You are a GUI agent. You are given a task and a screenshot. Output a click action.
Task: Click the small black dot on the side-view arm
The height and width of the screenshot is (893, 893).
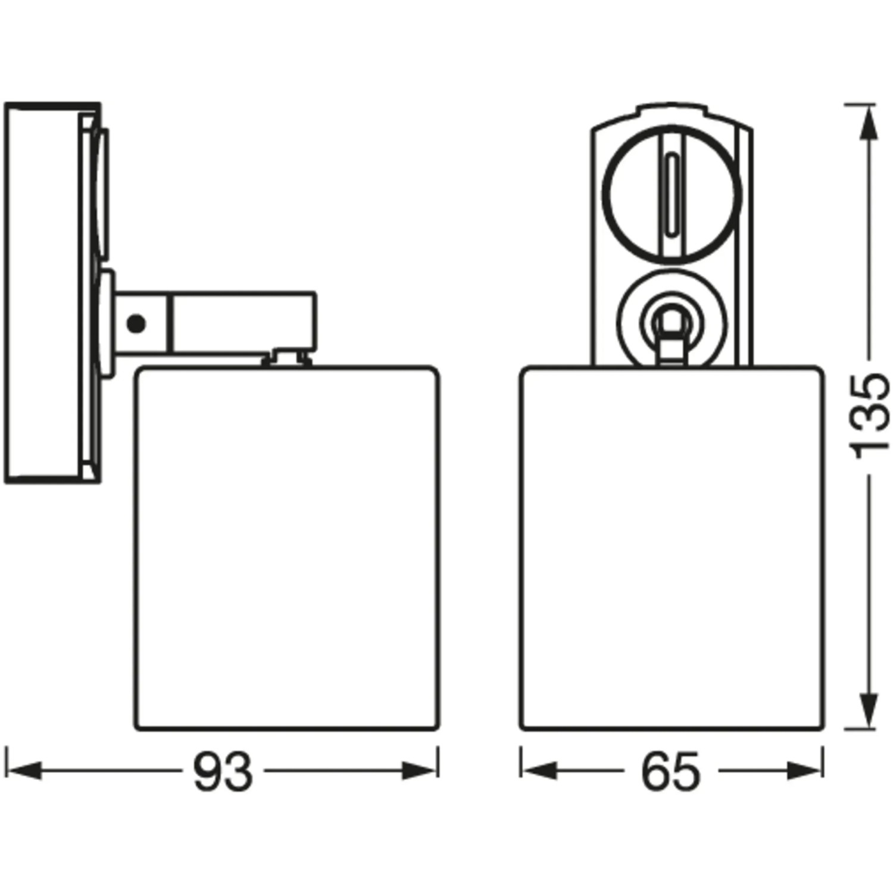point(136,324)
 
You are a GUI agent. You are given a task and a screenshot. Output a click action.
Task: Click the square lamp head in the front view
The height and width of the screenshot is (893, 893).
point(672,548)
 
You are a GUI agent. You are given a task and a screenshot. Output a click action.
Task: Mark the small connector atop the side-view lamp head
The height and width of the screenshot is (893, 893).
point(288,357)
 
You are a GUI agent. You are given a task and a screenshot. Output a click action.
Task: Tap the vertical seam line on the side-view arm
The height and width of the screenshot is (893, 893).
point(171,324)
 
